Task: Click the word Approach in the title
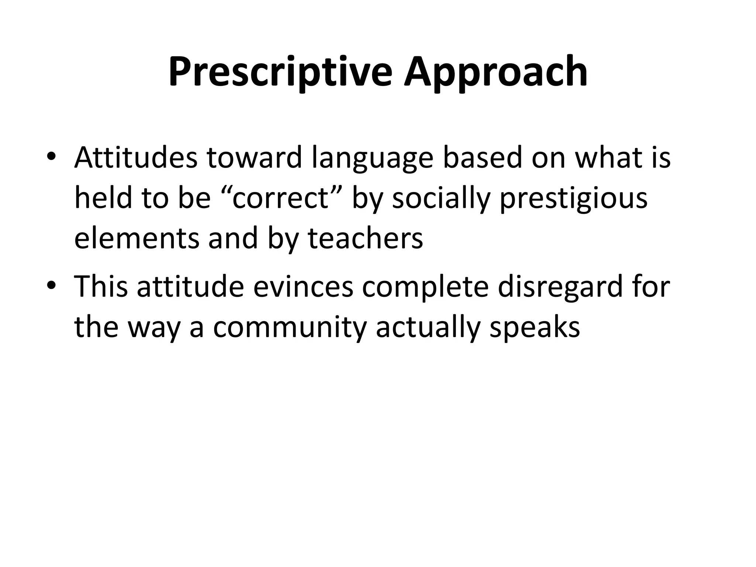click(495, 72)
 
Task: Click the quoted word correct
click(281, 198)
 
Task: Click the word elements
click(137, 238)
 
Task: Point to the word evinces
click(303, 287)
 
